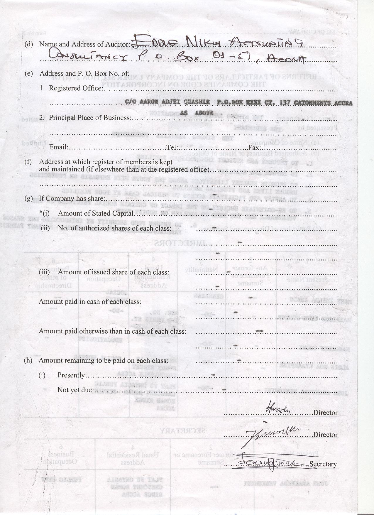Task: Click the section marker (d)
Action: point(29,44)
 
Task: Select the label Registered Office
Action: point(75,88)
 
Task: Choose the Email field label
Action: point(58,147)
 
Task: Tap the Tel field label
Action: point(172,147)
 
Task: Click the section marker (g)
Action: point(28,198)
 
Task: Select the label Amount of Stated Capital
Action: point(96,213)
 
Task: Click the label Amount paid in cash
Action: point(90,302)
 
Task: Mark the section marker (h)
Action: point(28,360)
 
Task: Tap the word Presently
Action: point(71,375)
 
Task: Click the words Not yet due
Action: point(75,390)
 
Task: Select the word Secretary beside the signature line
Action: point(323,464)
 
